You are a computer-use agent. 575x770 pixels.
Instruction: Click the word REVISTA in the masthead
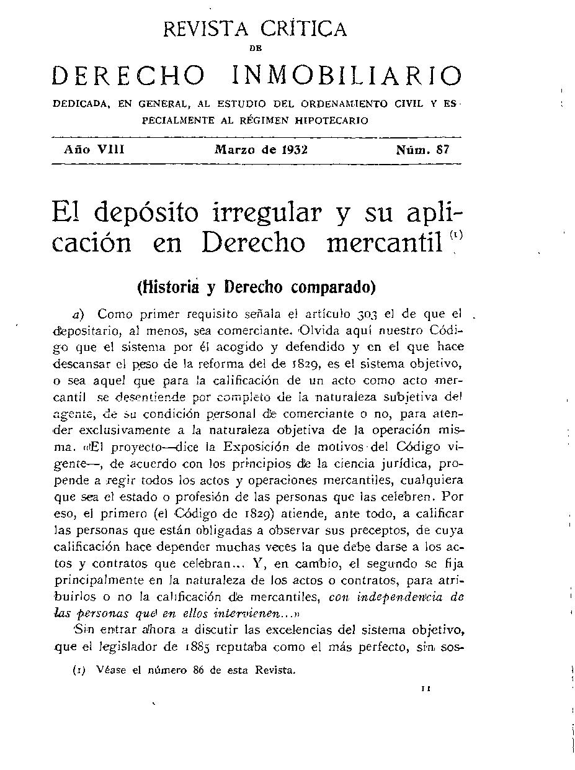pyautogui.click(x=204, y=29)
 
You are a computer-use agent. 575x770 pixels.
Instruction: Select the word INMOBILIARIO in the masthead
pyautogui.click(x=347, y=76)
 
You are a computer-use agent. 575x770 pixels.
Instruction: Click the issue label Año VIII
pyautogui.click(x=95, y=150)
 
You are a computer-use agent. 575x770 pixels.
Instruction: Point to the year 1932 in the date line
pyautogui.click(x=295, y=150)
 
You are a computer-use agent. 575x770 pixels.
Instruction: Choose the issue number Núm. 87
pyautogui.click(x=423, y=150)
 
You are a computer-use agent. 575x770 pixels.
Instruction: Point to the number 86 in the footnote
pyautogui.click(x=200, y=670)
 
